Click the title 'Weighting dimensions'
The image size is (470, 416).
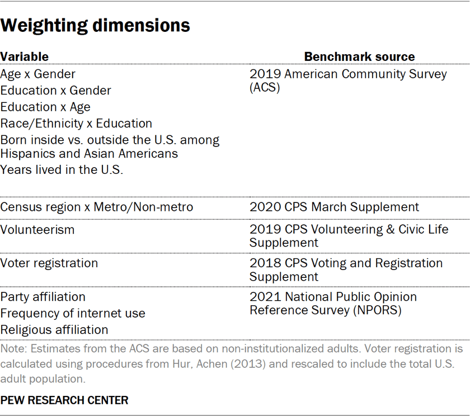click(x=96, y=26)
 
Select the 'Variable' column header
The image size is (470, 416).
click(x=24, y=56)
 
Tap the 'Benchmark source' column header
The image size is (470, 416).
click(x=359, y=56)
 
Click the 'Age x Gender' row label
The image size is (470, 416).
click(x=38, y=74)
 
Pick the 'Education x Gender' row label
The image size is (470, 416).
click(x=56, y=91)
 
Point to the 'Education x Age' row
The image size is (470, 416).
click(x=45, y=107)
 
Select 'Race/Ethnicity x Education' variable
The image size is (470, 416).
click(x=76, y=124)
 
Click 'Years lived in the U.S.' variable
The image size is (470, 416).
click(x=62, y=170)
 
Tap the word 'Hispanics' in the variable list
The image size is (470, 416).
click(x=27, y=153)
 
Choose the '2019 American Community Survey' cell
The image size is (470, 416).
click(x=348, y=74)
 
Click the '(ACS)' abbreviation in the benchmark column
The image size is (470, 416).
click(x=265, y=88)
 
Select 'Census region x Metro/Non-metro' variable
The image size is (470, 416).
click(x=97, y=207)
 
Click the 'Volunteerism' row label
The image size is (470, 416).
click(x=37, y=229)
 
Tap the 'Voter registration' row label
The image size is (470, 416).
click(x=49, y=263)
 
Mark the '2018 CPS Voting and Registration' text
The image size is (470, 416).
click(x=346, y=263)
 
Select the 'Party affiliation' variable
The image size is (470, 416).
click(x=43, y=296)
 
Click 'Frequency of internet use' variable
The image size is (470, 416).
click(x=73, y=313)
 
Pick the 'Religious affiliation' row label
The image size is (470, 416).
click(x=54, y=330)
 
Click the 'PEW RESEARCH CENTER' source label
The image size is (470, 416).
click(x=64, y=400)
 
